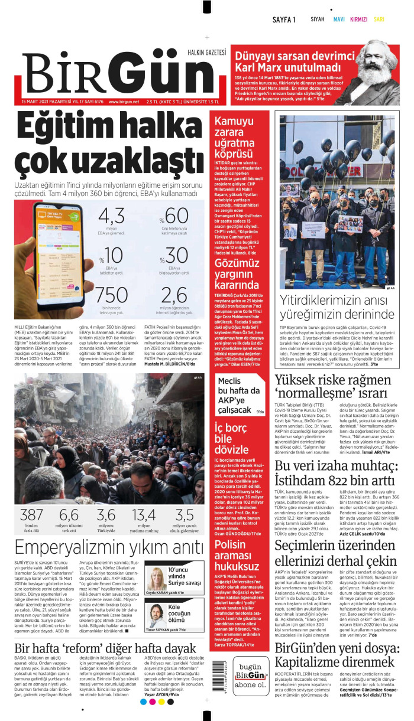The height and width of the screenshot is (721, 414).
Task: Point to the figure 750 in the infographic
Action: pos(112,295)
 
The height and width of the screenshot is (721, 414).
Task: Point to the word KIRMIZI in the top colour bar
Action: pos(358,19)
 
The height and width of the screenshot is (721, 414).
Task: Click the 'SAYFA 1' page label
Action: pos(284,19)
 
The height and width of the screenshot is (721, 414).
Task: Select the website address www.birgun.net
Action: pos(124,102)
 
